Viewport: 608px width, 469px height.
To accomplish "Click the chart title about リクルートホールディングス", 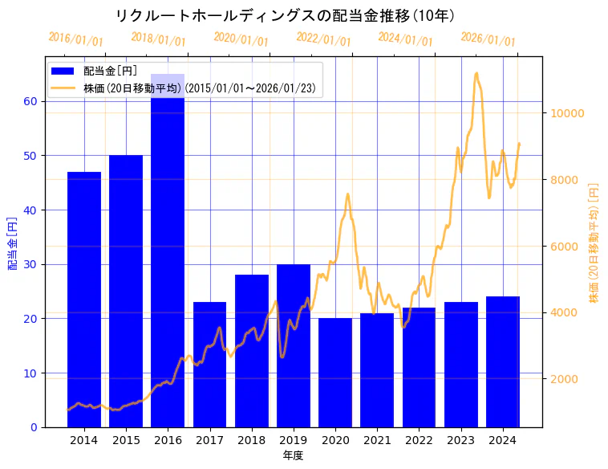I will coord(285,15).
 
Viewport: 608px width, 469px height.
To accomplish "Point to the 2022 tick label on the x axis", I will coord(419,440).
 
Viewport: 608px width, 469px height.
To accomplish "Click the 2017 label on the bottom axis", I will coord(209,440).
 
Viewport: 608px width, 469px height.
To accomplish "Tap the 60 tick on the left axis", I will coord(30,101).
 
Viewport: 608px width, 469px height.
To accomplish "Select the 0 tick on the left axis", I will coord(34,427).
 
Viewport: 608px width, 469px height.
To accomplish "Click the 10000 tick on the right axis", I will coord(566,113).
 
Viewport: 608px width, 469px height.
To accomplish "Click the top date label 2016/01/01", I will coord(75,39).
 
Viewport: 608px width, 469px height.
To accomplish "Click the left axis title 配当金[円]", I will coord(12,243).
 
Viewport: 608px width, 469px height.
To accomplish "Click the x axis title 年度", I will coord(293,455).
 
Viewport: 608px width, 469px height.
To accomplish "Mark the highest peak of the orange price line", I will coord(476,73).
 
